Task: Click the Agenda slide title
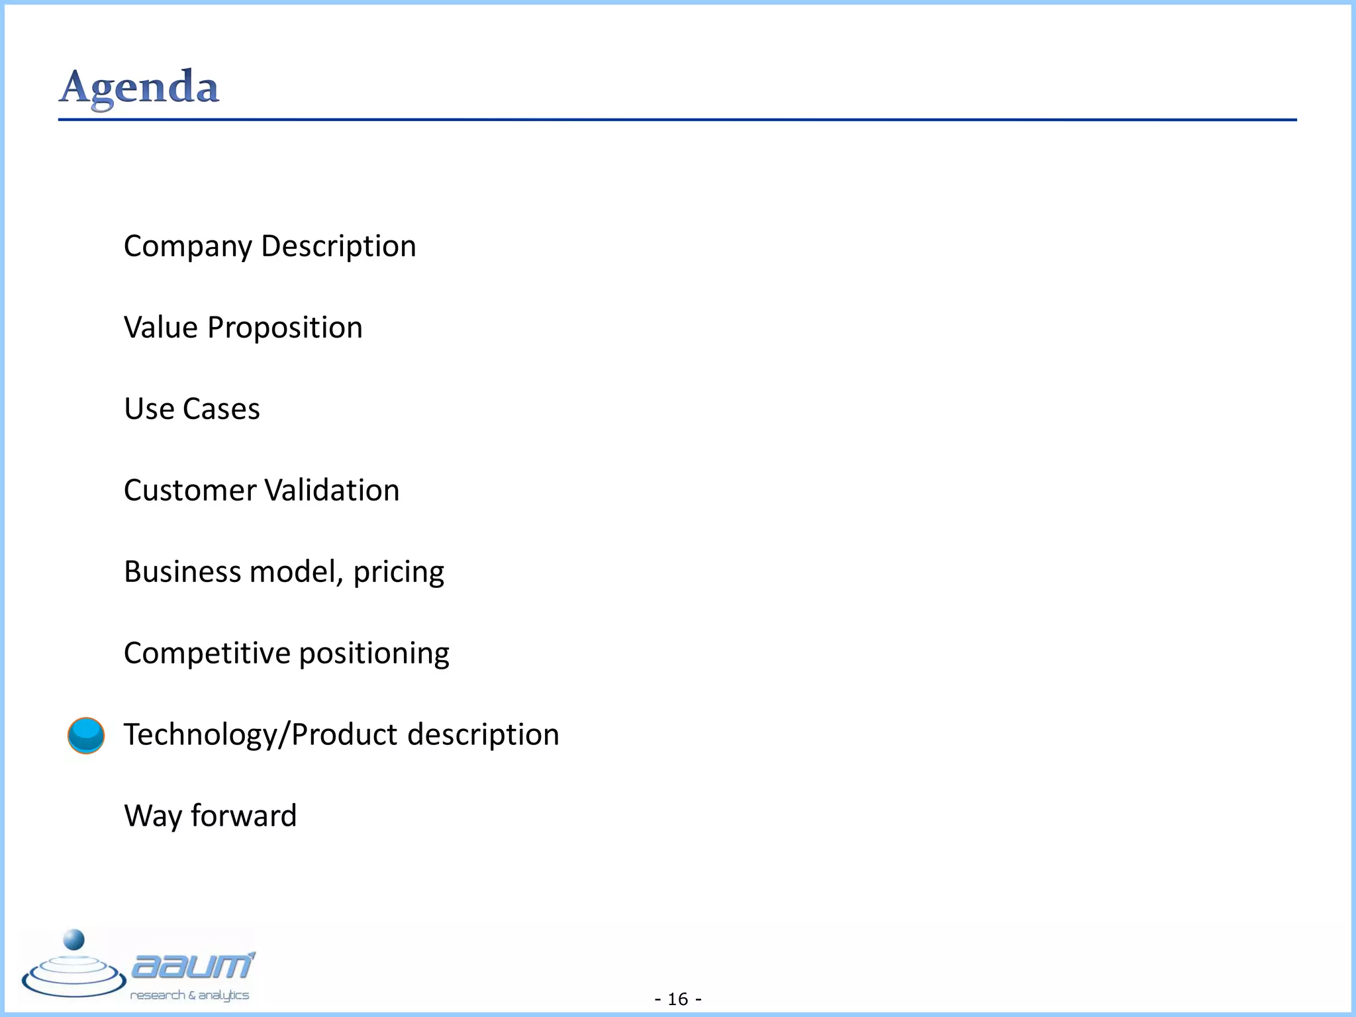[x=139, y=87]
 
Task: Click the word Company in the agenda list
[x=188, y=247]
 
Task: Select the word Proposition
[x=285, y=328]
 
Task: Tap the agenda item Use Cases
[x=192, y=409]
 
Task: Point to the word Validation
[x=332, y=491]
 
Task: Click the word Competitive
[x=207, y=654]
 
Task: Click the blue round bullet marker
[x=86, y=735]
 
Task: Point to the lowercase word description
[x=483, y=735]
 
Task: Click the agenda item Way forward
[x=211, y=816]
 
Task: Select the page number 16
[x=678, y=998]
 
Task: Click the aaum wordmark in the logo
[x=192, y=967]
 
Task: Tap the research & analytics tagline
[x=189, y=995]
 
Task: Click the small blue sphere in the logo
[x=73, y=940]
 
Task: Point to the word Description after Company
[x=338, y=247]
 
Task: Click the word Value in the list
[x=161, y=328]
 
